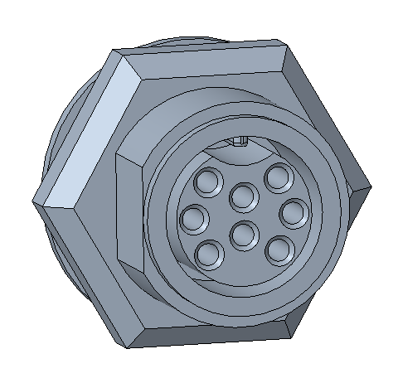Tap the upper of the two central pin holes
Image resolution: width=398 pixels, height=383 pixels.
coord(243,197)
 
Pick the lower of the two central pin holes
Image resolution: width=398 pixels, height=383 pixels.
coord(242,235)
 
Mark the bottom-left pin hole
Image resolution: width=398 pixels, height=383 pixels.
coord(210,252)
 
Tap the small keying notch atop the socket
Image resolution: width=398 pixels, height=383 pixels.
coord(240,141)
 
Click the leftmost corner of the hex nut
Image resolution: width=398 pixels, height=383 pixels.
coord(35,202)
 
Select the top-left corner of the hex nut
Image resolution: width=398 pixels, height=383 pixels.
coord(112,51)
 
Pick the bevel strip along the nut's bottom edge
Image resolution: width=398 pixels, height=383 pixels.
coord(211,336)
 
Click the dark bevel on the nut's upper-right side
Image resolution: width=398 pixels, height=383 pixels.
coord(328,112)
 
